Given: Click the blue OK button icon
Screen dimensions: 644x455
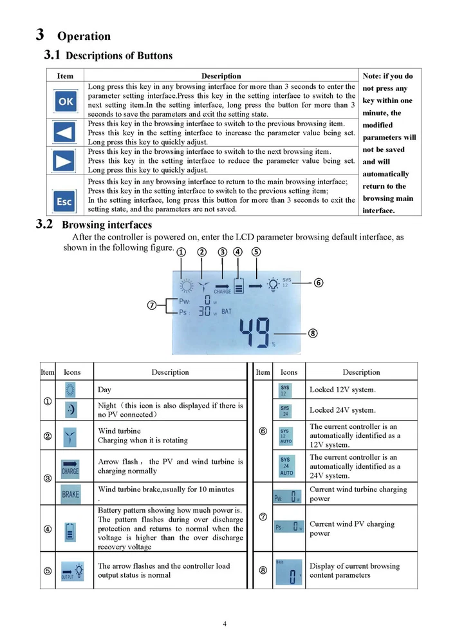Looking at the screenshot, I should tap(66, 100).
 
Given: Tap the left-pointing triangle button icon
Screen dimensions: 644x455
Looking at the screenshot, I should tap(66, 132).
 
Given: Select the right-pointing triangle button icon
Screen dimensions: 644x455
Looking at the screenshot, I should tap(66, 160).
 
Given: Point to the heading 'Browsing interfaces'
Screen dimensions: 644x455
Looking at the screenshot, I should tap(107, 225).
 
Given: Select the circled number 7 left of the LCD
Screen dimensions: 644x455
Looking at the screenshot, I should tap(153, 305).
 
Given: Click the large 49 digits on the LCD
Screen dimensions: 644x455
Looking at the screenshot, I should tap(254, 333).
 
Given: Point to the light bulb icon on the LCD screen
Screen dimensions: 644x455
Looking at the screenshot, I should tap(273, 283).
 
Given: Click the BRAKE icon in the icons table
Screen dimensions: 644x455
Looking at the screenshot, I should tap(70, 494).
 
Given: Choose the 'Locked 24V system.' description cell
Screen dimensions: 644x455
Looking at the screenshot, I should tap(342, 410).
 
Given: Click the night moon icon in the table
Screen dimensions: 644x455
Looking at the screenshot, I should tap(70, 410).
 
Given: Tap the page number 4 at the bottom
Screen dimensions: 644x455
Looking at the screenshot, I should tap(225, 623).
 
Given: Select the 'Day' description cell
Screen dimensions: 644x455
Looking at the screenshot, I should tap(104, 390).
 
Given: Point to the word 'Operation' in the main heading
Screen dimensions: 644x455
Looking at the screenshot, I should tap(84, 36).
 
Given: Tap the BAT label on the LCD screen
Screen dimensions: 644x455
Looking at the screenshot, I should tap(227, 311).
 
